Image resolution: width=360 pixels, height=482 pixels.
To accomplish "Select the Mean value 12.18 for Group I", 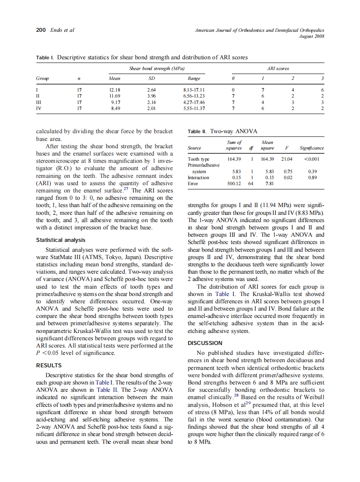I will pos(114,90).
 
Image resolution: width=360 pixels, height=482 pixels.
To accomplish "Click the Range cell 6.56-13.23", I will pos(194,96).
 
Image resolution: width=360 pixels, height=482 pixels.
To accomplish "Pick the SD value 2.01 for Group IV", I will pos(151,108).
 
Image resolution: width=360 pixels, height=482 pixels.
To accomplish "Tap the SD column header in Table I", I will pos(151,79).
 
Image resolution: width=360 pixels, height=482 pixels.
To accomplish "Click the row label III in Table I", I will pos(39,102).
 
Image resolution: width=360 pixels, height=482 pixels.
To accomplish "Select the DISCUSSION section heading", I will pos(205,343).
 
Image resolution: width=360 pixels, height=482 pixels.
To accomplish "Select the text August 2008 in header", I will pos(311,36).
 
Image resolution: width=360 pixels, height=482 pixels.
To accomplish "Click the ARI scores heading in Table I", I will pos(278,68).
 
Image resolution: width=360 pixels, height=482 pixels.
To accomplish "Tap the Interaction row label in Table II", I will pos(198,177).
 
